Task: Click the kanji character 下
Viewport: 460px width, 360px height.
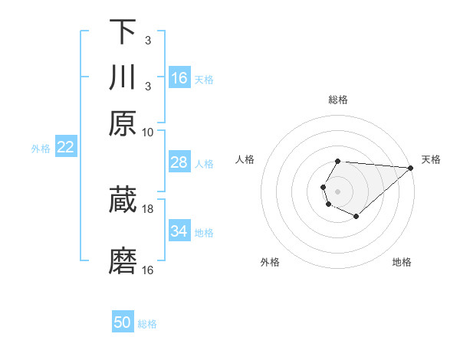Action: [123, 32]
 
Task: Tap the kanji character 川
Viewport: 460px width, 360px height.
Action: [123, 77]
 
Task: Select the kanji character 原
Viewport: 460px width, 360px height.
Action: [123, 123]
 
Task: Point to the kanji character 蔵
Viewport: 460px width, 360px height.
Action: [123, 200]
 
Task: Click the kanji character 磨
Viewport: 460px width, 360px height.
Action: [123, 261]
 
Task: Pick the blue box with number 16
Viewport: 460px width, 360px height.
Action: [179, 78]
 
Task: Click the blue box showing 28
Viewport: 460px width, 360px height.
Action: [179, 163]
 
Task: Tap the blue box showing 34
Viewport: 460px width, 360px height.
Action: [179, 231]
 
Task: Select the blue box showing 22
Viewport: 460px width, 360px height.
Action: [65, 148]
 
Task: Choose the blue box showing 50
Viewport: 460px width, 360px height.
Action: [123, 323]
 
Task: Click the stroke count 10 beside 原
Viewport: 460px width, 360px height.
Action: [148, 133]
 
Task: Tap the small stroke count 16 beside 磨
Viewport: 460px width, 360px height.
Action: [148, 270]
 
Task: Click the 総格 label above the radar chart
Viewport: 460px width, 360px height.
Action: [338, 100]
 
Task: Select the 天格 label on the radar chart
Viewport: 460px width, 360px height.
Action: [431, 159]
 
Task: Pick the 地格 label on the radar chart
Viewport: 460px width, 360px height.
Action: [402, 263]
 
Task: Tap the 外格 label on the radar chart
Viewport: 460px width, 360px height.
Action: [270, 263]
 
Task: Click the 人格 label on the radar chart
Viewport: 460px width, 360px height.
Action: [245, 159]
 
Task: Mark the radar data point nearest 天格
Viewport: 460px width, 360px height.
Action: [410, 168]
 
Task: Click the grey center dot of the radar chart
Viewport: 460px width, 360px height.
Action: [338, 191]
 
